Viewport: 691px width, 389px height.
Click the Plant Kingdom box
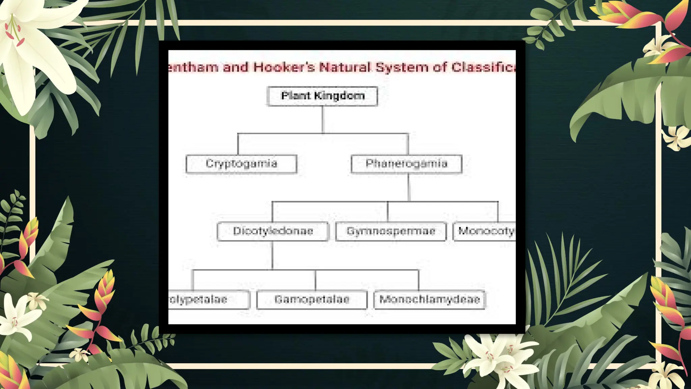pos(322,96)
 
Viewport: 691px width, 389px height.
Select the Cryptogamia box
pos(241,164)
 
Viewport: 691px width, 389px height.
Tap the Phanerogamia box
pos(406,164)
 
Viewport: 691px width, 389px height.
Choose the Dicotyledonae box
pos(273,231)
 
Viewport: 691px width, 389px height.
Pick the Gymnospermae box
pos(391,231)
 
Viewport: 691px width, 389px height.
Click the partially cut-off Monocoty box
pos(485,231)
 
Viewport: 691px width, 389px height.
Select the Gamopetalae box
pos(312,300)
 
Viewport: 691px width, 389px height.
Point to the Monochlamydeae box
pos(429,300)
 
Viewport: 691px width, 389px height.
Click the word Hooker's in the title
pos(284,67)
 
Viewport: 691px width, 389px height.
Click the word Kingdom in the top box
pos(339,96)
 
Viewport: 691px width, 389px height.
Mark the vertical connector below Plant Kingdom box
pos(323,120)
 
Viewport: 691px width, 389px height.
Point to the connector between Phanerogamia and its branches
pos(409,187)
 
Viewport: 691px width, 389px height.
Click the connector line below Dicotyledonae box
pos(272,255)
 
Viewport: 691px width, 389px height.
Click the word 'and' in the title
pos(236,67)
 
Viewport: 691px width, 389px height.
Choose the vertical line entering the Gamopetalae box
pos(315,280)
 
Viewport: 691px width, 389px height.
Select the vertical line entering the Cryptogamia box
pos(238,144)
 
